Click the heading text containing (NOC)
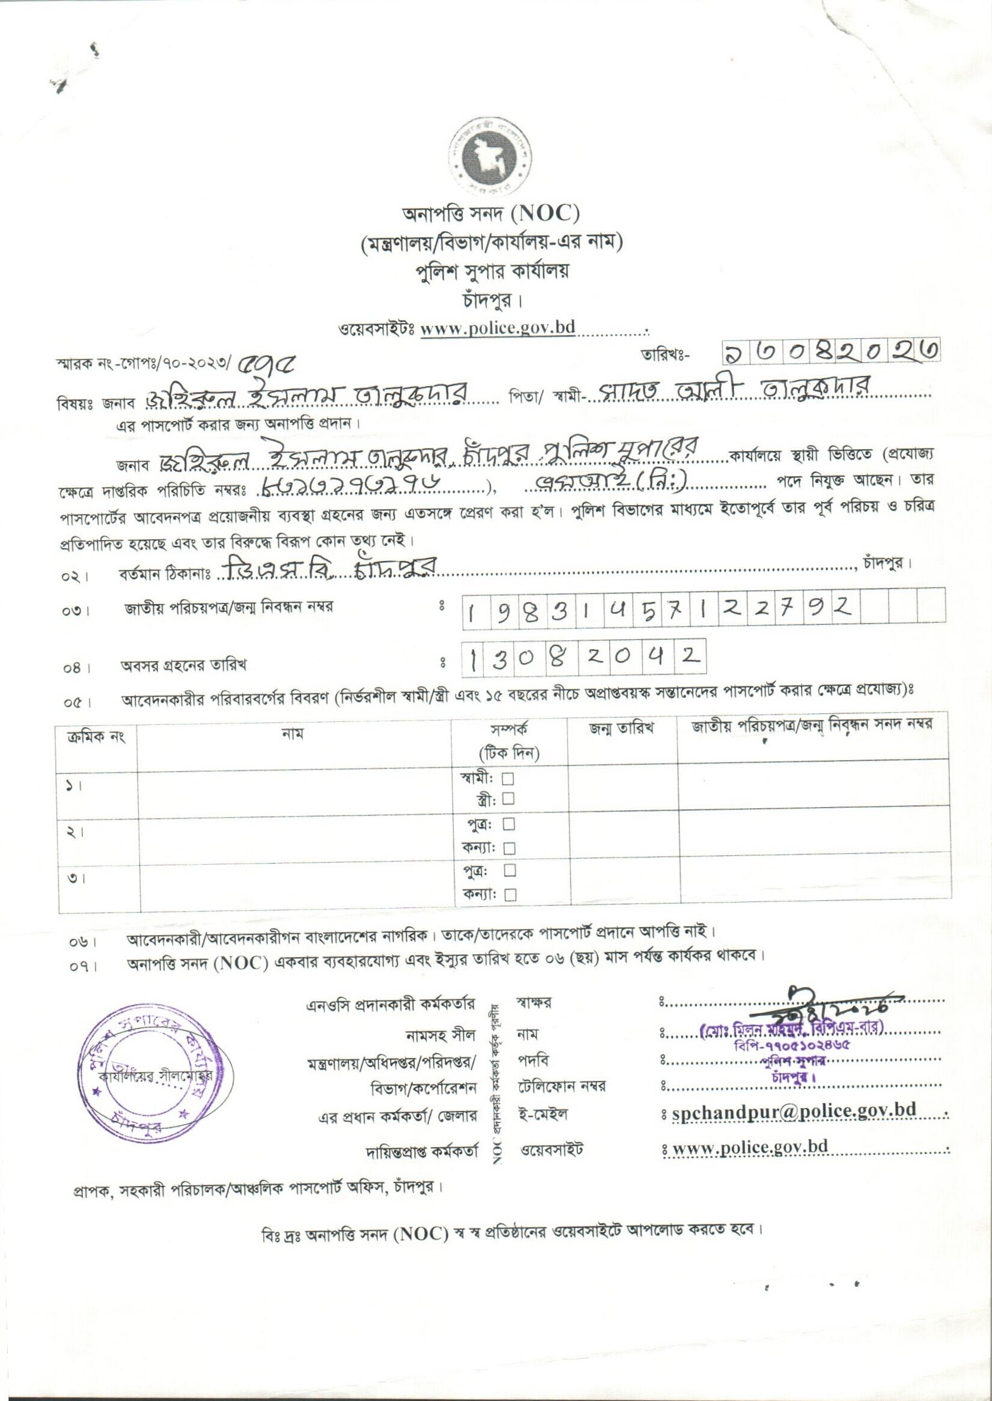(x=490, y=214)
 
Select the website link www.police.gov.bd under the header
(x=498, y=328)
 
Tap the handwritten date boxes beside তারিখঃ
(x=830, y=351)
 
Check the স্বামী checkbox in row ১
(x=508, y=778)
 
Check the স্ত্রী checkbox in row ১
(x=508, y=799)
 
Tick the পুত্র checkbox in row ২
(x=509, y=824)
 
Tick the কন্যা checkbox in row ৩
(x=510, y=895)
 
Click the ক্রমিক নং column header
(x=96, y=736)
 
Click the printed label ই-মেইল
(x=544, y=1114)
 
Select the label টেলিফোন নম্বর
(x=561, y=1086)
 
